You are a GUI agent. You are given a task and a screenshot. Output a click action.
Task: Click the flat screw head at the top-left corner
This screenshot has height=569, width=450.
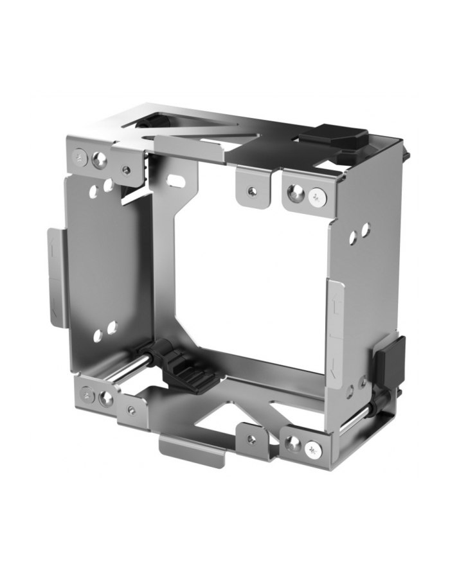click(80, 156)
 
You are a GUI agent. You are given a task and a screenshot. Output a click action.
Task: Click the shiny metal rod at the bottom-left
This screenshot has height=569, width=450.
click(129, 369)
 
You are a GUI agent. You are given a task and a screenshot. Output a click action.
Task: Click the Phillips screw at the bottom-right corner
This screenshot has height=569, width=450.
click(314, 448)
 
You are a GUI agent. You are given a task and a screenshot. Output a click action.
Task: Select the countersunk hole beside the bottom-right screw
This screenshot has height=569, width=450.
click(294, 443)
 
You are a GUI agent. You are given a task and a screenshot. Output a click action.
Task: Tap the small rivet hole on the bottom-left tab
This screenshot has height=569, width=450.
click(132, 410)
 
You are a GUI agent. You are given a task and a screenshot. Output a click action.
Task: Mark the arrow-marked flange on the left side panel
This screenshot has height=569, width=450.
click(55, 277)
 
